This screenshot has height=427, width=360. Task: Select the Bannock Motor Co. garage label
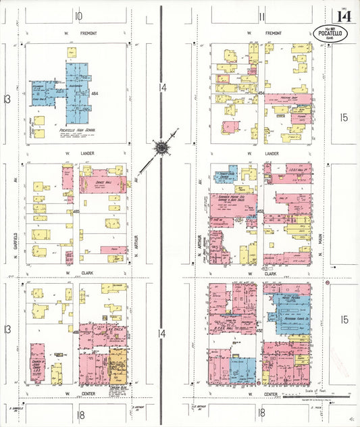(232, 199)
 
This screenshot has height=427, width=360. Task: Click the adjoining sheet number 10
(79, 16)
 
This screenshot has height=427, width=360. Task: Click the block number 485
(76, 212)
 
